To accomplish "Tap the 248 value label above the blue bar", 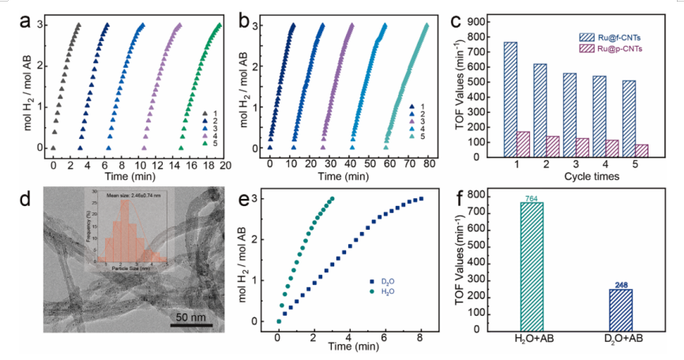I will [x=620, y=284].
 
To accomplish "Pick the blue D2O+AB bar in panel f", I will [x=620, y=309].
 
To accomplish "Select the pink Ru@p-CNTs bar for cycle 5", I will [x=641, y=150].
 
